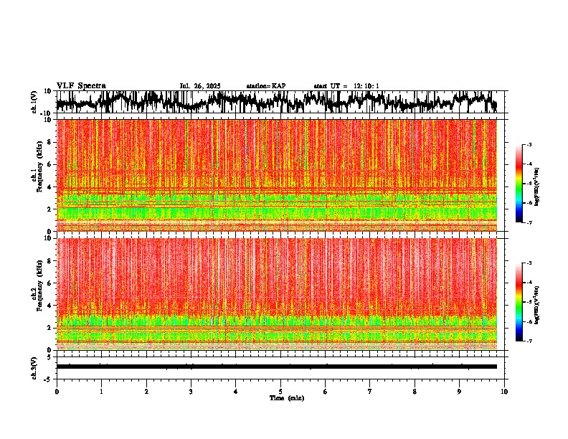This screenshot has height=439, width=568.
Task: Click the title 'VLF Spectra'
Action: coord(81,85)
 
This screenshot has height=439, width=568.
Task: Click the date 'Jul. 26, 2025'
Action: coord(200,86)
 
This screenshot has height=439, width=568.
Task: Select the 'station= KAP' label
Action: coord(266,86)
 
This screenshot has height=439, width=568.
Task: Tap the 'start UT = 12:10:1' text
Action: coord(346,86)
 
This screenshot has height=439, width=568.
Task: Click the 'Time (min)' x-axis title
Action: coord(286,398)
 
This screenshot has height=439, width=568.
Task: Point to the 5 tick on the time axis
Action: coord(280,392)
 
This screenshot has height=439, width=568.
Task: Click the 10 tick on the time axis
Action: coord(504,392)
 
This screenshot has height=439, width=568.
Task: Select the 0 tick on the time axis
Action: coord(57,392)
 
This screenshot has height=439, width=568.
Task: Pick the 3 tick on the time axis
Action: coord(191,392)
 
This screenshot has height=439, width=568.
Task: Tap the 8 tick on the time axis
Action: coord(415,392)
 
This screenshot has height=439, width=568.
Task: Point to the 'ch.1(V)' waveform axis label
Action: coord(34,102)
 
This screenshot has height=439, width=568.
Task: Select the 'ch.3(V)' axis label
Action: coord(34,367)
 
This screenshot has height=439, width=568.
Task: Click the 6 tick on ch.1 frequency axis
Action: coord(51,164)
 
